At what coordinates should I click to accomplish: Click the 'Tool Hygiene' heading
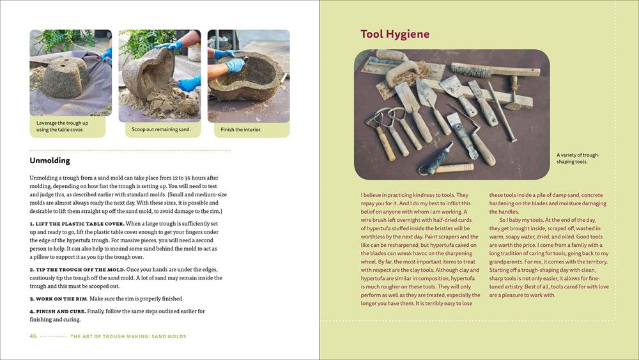395,35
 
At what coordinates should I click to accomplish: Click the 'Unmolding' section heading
50,160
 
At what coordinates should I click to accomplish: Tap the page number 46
33,336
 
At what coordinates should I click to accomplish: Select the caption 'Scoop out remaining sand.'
161,129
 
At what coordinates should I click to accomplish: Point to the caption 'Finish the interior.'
241,130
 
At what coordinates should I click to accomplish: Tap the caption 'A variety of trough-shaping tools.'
578,158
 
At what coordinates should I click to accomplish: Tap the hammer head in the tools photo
512,84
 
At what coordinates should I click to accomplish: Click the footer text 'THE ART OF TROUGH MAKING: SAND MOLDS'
128,336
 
